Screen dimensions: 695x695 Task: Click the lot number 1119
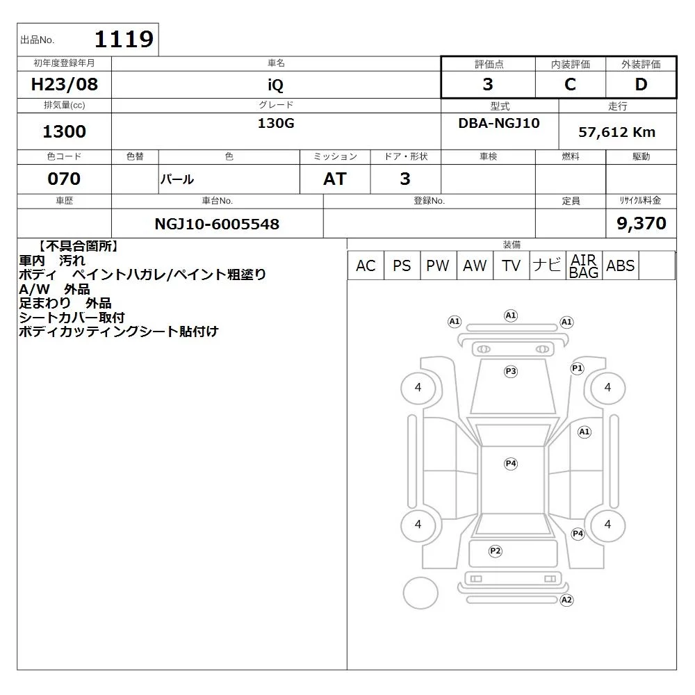[124, 39]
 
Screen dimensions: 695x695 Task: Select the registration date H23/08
[64, 84]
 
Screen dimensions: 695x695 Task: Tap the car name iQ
[275, 85]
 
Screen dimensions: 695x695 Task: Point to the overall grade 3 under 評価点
[488, 84]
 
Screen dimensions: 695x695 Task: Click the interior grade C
[570, 84]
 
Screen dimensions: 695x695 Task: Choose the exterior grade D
[641, 84]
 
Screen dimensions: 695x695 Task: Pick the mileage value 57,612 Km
[616, 132]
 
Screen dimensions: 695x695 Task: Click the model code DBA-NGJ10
[499, 123]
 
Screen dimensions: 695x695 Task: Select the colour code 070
[64, 179]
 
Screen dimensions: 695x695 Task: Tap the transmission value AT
[335, 179]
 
